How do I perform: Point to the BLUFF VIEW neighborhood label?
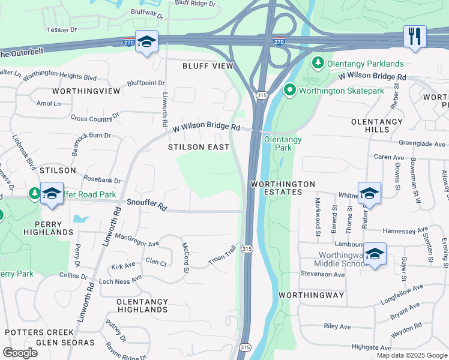(x=208, y=66)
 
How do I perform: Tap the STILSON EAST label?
(x=199, y=147)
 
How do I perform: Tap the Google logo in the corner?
(x=20, y=352)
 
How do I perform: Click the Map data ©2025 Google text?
(x=411, y=355)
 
